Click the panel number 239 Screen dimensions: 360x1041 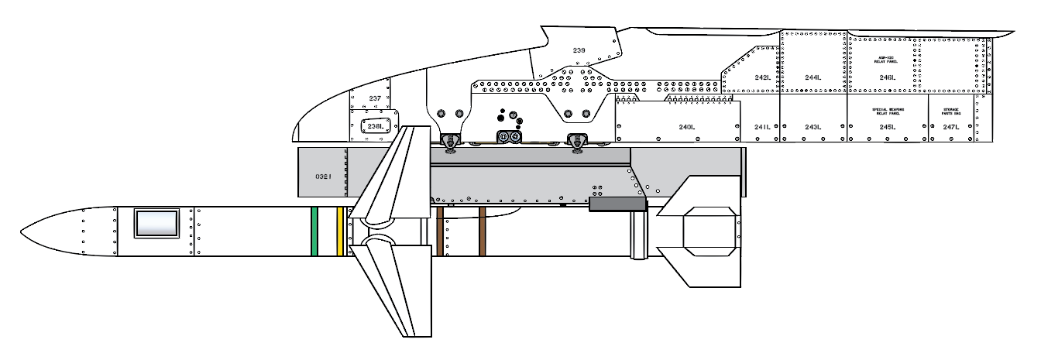click(579, 50)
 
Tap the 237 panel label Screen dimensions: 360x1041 click(375, 98)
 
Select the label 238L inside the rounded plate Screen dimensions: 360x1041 click(375, 126)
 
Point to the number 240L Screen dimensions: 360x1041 click(687, 127)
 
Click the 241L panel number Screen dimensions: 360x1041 click(762, 127)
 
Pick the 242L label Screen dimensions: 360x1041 click(762, 77)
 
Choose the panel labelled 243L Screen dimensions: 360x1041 click(813, 127)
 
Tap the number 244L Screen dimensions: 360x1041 click(813, 77)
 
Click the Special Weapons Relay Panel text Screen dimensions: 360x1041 click(888, 114)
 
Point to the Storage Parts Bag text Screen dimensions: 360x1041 click(951, 113)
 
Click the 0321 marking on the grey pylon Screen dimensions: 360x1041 click(323, 177)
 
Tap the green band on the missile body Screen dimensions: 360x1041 click(314, 231)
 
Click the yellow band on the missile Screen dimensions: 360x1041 click(340, 231)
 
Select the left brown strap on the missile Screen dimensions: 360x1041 click(441, 231)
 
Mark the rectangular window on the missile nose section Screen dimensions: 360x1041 click(157, 223)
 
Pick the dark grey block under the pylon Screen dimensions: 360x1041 click(617, 204)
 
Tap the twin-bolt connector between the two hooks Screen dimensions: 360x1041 click(510, 138)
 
